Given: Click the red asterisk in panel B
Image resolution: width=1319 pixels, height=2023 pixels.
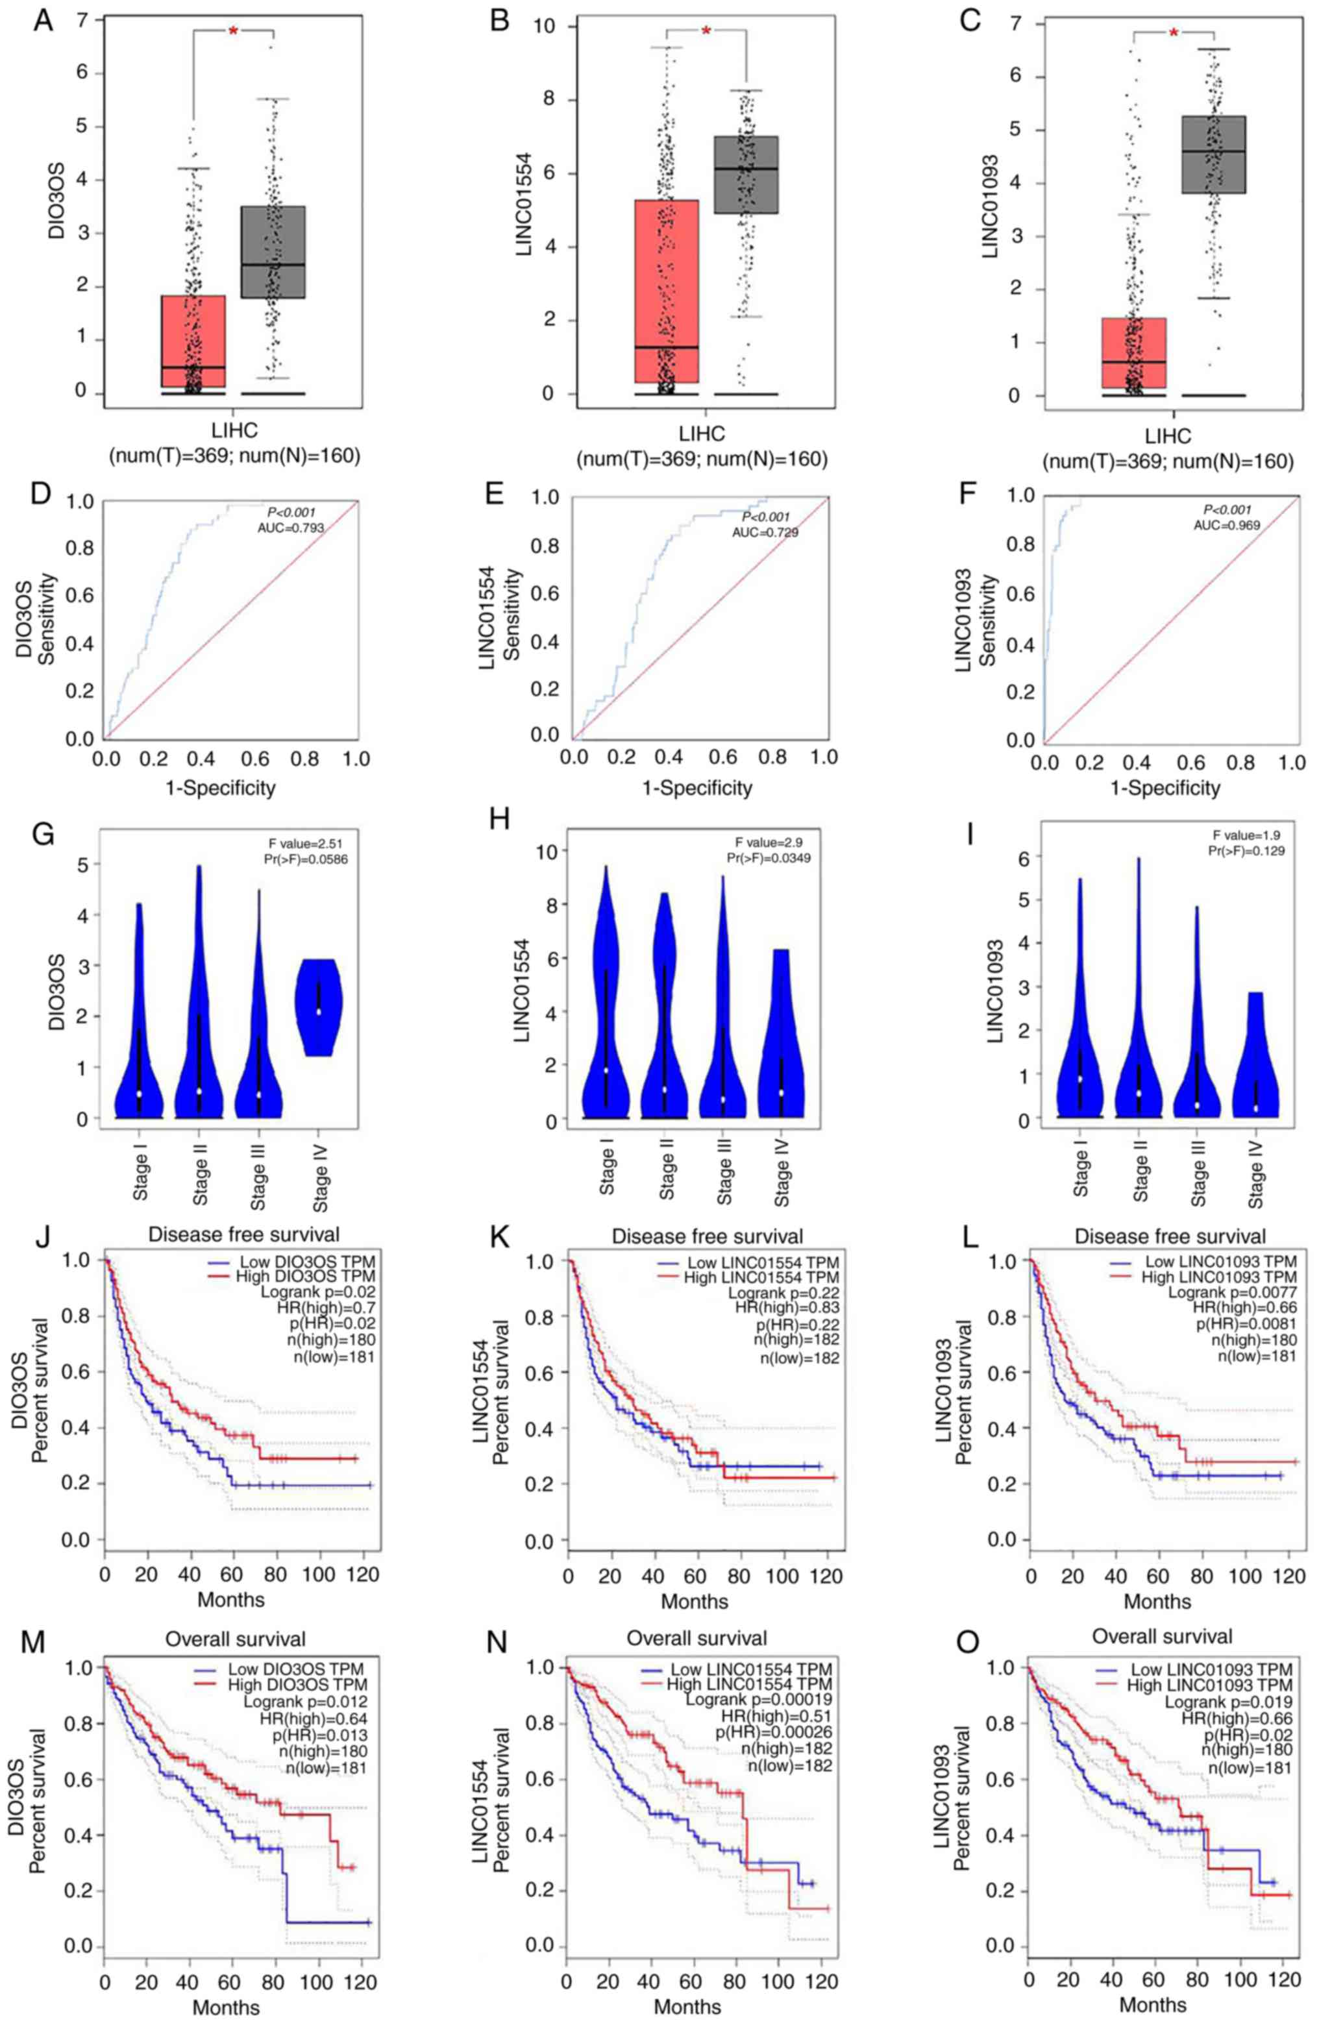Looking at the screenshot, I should pyautogui.click(x=706, y=32).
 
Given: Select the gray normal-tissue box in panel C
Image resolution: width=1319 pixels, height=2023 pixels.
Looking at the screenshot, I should pyautogui.click(x=1213, y=154).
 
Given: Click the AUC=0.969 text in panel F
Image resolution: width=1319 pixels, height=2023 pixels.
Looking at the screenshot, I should pyautogui.click(x=1226, y=525).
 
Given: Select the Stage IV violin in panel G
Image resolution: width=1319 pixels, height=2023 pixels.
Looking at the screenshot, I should pyautogui.click(x=319, y=1007).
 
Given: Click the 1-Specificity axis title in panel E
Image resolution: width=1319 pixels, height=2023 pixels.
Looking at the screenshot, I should pyautogui.click(x=697, y=788).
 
